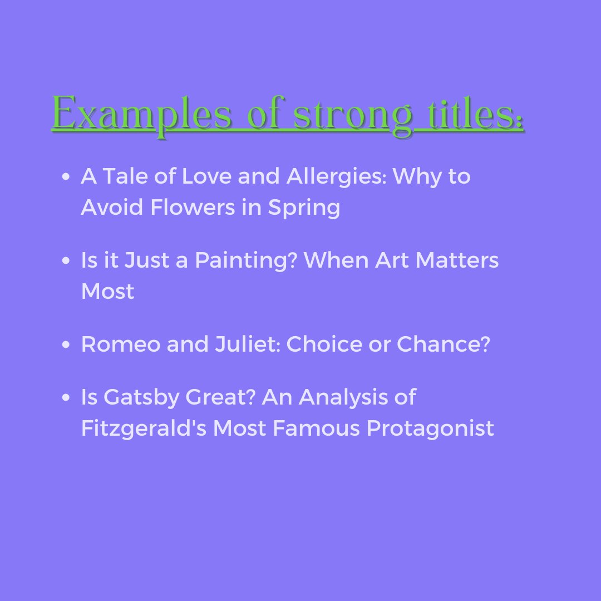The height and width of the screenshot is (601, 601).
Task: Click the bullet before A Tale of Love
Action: (66, 177)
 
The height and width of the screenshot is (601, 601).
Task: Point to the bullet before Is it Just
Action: (66, 260)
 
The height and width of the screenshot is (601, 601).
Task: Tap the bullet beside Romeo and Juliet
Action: (66, 344)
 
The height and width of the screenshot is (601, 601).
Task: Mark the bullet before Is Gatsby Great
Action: (66, 397)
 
